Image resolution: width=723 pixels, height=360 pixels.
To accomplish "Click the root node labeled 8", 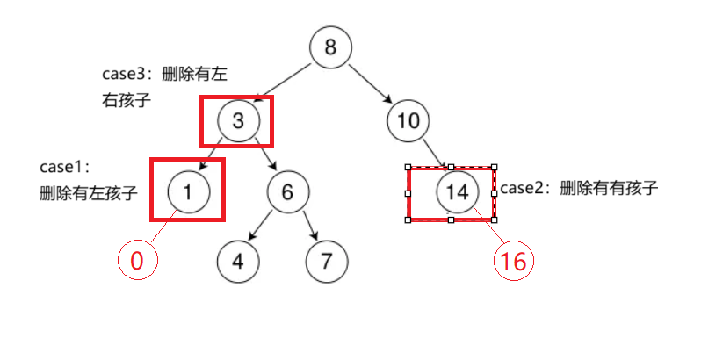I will [x=330, y=47].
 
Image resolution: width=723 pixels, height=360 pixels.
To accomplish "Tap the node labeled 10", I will [x=408, y=120].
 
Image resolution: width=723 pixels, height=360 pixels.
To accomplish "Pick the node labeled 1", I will [x=188, y=190].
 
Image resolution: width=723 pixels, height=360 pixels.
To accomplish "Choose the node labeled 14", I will [x=458, y=192].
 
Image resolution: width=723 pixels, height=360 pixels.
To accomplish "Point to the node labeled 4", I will [x=238, y=261].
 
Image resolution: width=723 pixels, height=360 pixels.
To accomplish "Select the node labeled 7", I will [x=327, y=261].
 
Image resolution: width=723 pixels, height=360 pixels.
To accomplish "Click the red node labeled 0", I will [x=137, y=261].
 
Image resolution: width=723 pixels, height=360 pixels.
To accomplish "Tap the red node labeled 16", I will [x=514, y=261].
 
